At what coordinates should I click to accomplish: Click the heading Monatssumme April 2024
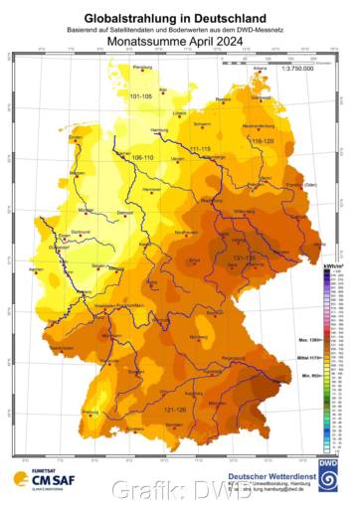tap(180, 42)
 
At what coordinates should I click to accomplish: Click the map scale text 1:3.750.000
tap(297, 69)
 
